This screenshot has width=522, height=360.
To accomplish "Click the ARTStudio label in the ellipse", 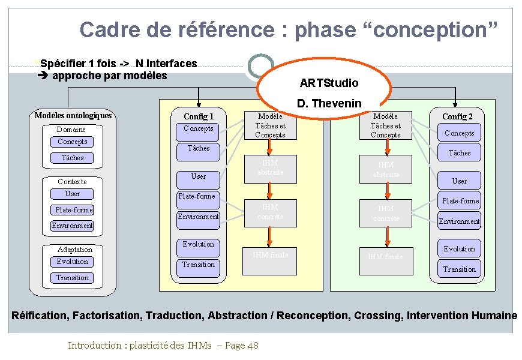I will pyautogui.click(x=329, y=83).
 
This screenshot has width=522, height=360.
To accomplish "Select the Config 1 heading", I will pyautogui.click(x=199, y=116).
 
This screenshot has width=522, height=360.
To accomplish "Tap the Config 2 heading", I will pyautogui.click(x=457, y=116).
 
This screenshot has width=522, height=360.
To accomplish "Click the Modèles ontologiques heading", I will pyautogui.click(x=73, y=115).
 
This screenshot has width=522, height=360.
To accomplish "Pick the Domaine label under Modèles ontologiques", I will pyautogui.click(x=71, y=130).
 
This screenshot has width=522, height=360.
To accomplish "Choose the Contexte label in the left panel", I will pyautogui.click(x=72, y=181).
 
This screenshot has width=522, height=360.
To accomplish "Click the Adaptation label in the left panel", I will pyautogui.click(x=75, y=250).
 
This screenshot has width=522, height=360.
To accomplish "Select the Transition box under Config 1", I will pyautogui.click(x=199, y=265).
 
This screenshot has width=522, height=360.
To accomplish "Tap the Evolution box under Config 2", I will pyautogui.click(x=460, y=249).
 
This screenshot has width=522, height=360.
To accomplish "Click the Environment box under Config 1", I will pyautogui.click(x=199, y=217).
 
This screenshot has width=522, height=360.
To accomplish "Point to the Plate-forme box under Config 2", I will pyautogui.click(x=460, y=200).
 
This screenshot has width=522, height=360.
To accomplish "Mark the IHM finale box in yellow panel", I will pyautogui.click(x=271, y=255).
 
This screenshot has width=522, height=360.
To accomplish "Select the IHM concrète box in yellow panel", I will pyautogui.click(x=271, y=212).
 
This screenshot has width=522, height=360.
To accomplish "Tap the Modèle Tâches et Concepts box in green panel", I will pyautogui.click(x=385, y=125).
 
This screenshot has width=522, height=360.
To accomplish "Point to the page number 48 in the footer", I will pyautogui.click(x=253, y=345).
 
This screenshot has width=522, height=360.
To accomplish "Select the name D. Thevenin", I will pyautogui.click(x=329, y=103).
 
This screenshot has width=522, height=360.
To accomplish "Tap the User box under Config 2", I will pyautogui.click(x=460, y=181).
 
